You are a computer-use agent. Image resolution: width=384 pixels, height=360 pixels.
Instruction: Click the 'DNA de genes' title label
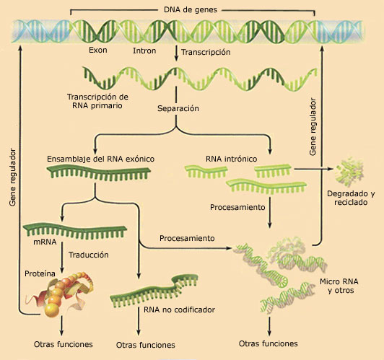point(191,10)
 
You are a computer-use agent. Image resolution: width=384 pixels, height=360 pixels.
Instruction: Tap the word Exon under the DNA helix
point(98,51)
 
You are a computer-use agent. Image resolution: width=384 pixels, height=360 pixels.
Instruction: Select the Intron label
point(144,51)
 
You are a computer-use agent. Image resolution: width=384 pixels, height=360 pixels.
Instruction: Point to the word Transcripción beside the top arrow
point(206,52)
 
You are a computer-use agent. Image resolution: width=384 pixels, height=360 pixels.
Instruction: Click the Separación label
point(178,108)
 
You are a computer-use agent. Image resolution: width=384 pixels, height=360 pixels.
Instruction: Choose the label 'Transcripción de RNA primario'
point(97,101)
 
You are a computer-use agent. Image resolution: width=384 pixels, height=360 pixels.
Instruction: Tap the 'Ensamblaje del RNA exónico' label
point(100,159)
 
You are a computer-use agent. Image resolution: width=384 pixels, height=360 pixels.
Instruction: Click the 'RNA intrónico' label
point(232,159)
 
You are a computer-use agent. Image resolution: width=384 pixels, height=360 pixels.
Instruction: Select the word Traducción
point(89,255)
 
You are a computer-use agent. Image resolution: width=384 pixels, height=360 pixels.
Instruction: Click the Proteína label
point(40,273)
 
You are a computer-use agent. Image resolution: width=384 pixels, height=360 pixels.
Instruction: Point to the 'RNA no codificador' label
point(179,309)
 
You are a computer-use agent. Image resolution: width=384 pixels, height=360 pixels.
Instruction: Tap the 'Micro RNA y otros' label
point(339,286)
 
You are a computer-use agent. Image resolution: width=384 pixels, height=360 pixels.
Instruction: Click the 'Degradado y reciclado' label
point(351,198)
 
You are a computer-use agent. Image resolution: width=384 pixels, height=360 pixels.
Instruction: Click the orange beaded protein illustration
point(59,294)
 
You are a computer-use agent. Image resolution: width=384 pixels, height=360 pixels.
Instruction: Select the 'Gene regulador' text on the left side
point(12,177)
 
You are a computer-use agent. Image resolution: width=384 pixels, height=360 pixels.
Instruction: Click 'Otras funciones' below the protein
point(64,344)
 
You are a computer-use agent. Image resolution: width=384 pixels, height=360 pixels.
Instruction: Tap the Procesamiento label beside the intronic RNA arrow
point(237,207)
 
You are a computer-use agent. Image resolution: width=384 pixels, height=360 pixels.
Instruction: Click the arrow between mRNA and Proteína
point(62,258)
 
